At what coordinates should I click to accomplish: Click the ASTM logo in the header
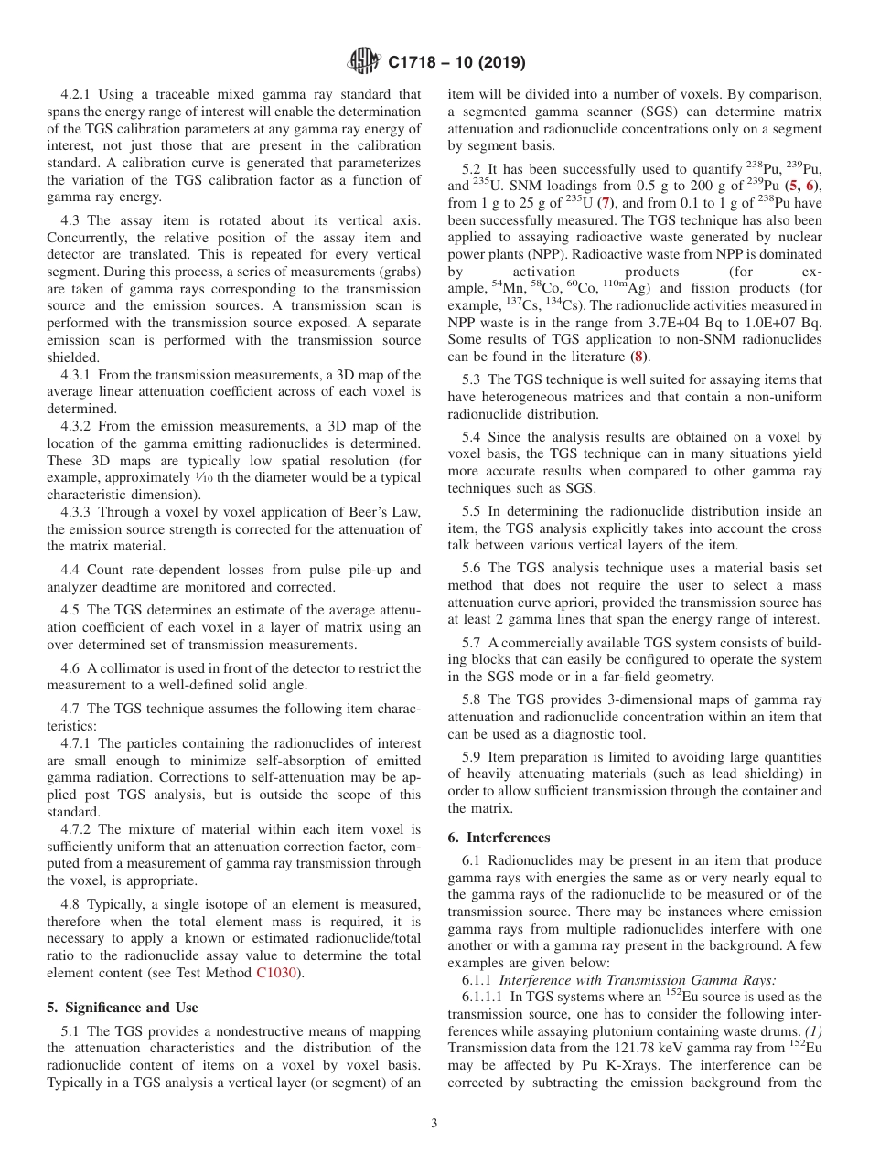[x=364, y=62]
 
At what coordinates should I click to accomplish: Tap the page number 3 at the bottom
[x=434, y=1123]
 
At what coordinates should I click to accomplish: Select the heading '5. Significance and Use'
[x=122, y=1008]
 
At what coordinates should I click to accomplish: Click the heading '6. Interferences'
[x=499, y=837]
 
